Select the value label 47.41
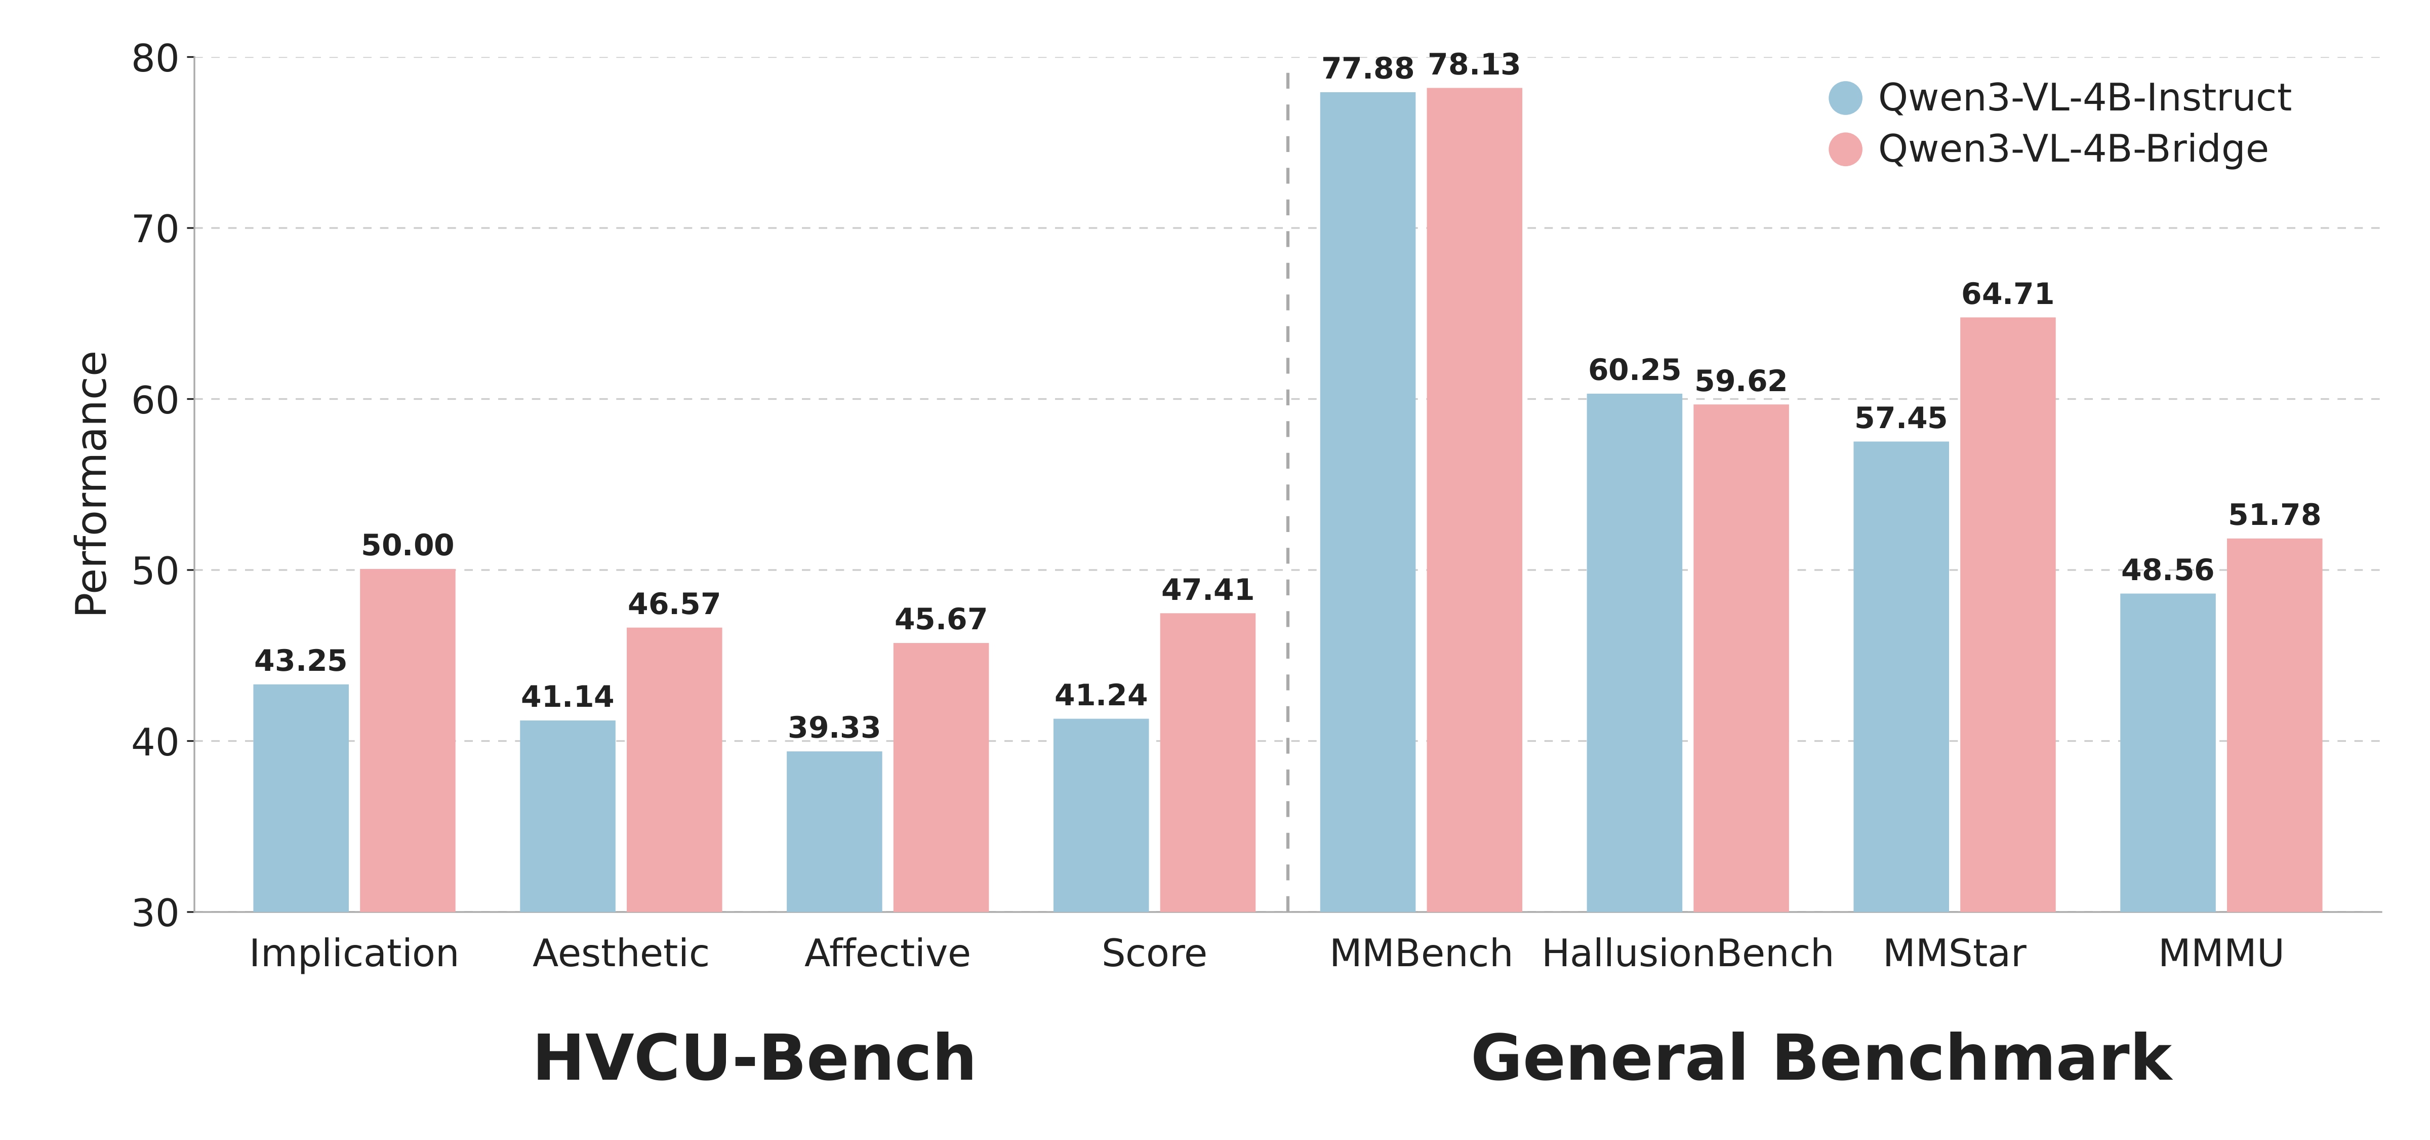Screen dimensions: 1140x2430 pos(1207,590)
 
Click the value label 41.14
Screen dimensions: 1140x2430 pos(567,697)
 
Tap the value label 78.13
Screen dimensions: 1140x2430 pos(1474,65)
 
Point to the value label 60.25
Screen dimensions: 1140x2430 pos(1634,370)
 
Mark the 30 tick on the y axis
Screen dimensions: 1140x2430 pos(155,913)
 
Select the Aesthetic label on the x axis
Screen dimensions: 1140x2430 pos(621,953)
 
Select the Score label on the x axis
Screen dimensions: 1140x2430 pos(1154,953)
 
